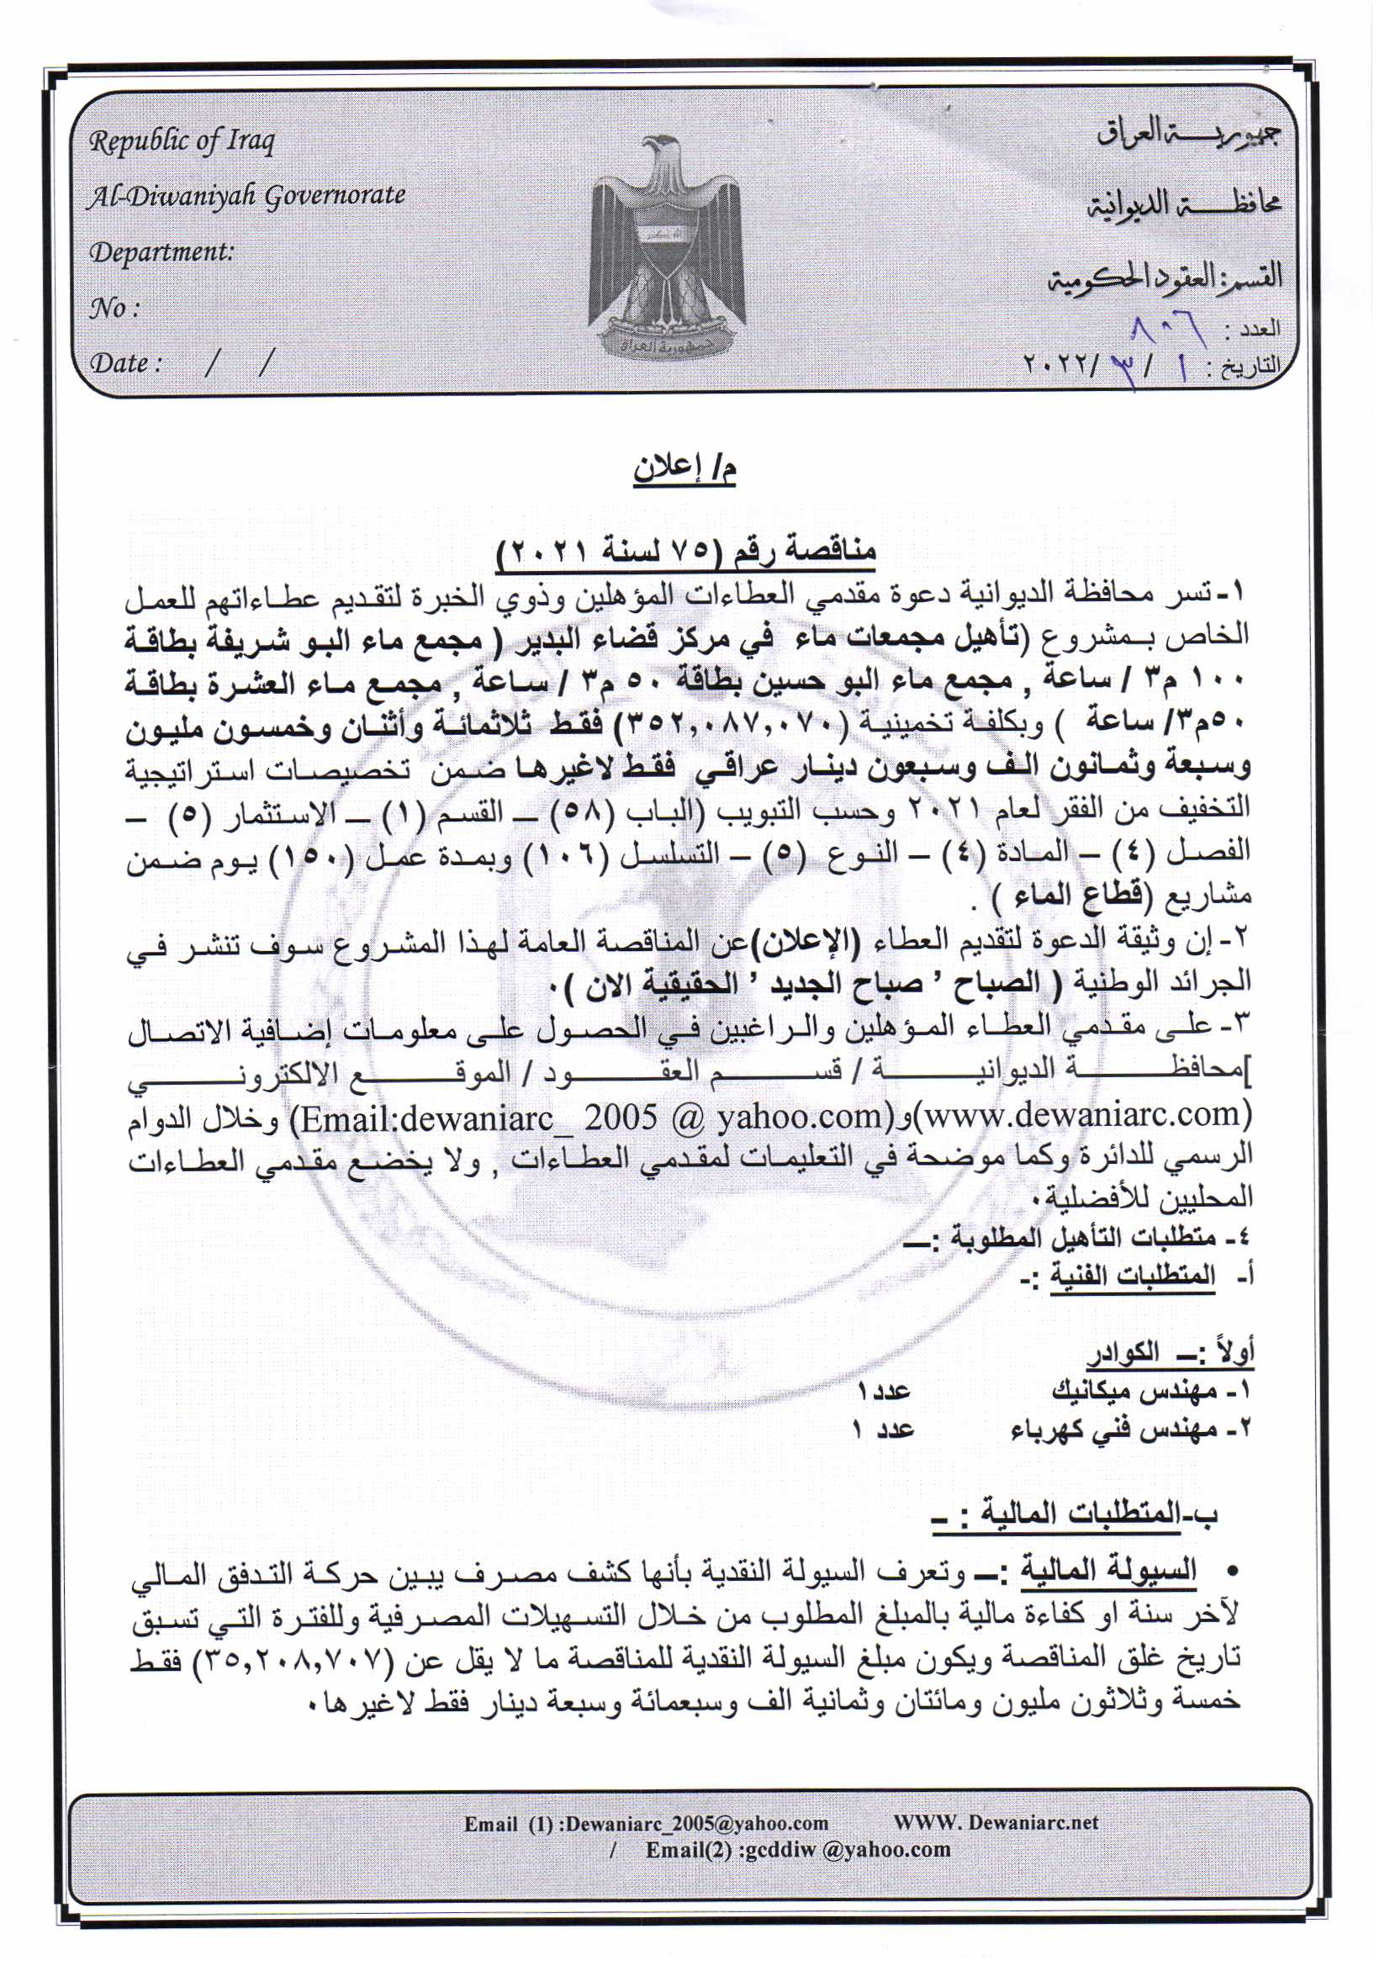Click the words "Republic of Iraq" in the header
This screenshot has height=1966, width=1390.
(x=182, y=140)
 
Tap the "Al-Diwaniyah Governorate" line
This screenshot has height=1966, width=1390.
(x=246, y=196)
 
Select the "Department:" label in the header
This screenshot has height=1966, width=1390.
(x=161, y=251)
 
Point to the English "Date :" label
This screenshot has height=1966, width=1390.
(x=126, y=363)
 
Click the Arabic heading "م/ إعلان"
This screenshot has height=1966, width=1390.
(x=685, y=470)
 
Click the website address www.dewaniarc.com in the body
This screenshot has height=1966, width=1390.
(x=1082, y=1114)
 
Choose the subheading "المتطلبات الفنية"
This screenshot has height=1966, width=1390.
(x=1132, y=1276)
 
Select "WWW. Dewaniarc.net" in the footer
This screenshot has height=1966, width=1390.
(x=995, y=1823)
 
